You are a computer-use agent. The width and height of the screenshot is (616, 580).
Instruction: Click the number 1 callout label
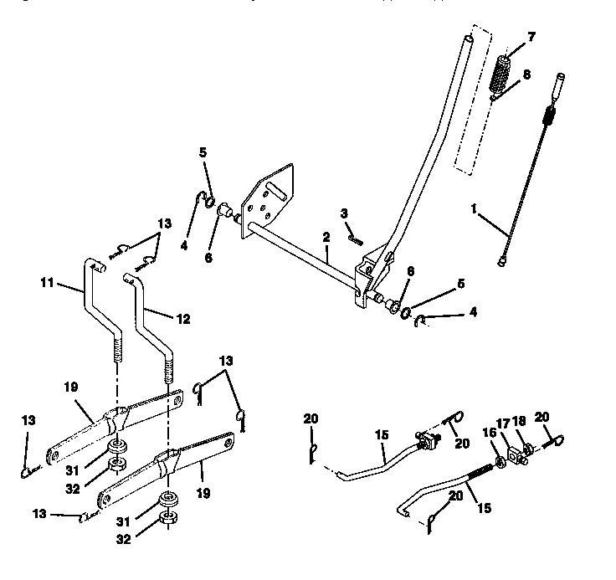(474, 212)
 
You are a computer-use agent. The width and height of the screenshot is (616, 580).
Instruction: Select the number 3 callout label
(344, 214)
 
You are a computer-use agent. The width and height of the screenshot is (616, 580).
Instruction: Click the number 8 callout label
(526, 74)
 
